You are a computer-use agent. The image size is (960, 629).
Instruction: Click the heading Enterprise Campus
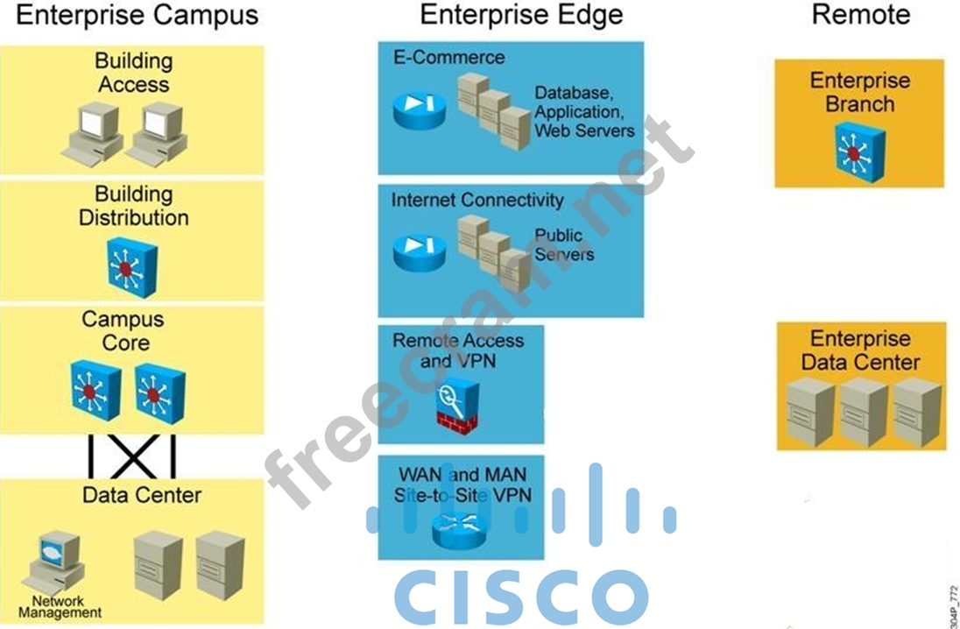click(x=138, y=15)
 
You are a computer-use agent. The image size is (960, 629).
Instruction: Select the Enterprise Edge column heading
click(x=522, y=15)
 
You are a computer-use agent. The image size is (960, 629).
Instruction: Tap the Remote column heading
click(x=860, y=15)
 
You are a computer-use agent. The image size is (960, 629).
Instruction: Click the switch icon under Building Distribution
click(x=132, y=267)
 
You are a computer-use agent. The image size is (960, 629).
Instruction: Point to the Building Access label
click(x=133, y=73)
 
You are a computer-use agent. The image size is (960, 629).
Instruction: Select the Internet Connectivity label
click(x=477, y=200)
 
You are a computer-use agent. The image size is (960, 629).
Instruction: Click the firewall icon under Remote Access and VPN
click(x=457, y=406)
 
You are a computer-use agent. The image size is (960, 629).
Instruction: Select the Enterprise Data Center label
click(x=861, y=350)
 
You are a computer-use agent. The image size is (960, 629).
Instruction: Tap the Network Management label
click(x=60, y=607)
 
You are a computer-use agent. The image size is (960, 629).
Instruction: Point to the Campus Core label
click(x=124, y=331)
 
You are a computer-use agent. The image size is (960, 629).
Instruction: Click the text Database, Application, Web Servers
click(x=583, y=111)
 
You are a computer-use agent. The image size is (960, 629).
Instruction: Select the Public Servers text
click(x=564, y=245)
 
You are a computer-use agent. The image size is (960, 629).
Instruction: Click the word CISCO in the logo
click(x=521, y=596)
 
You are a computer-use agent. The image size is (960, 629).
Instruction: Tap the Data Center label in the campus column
click(x=141, y=495)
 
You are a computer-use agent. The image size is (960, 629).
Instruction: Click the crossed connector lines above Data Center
click(x=132, y=456)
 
